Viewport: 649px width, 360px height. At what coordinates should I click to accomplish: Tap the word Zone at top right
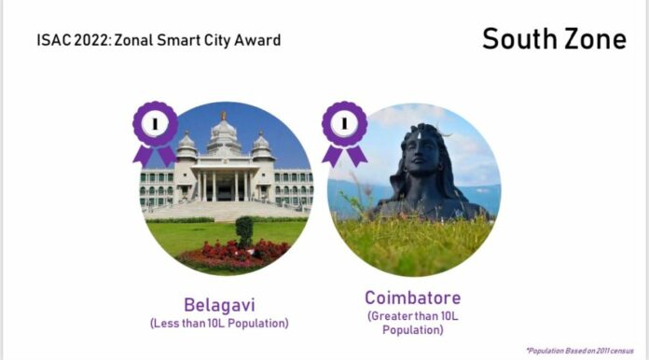pyautogui.click(x=594, y=39)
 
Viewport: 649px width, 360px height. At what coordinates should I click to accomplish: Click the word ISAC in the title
pyautogui.click(x=52, y=41)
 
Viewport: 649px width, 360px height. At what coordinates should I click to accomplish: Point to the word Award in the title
pyautogui.click(x=256, y=41)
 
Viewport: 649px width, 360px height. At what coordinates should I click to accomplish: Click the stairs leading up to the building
pyautogui.click(x=224, y=210)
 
